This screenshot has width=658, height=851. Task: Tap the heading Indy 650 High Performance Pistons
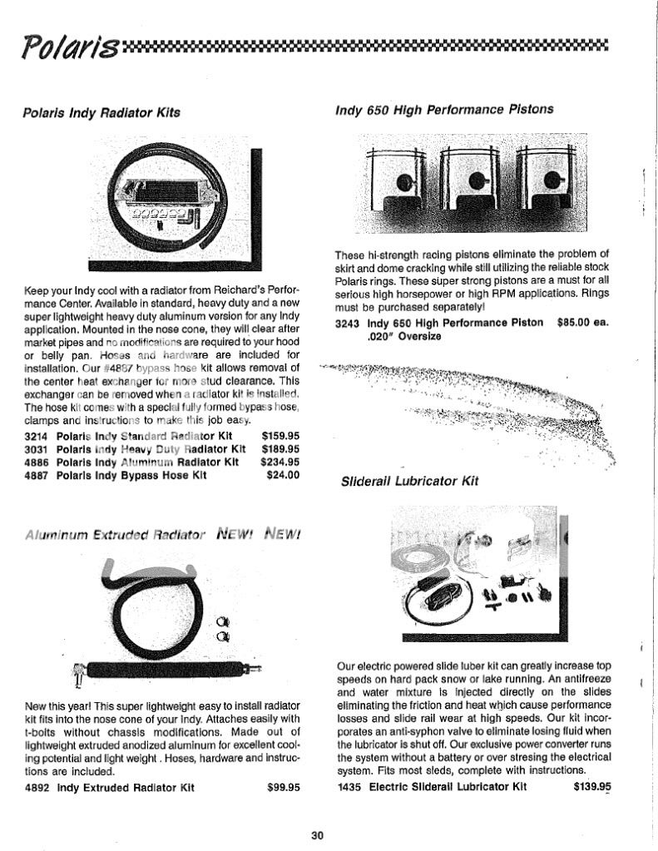click(445, 108)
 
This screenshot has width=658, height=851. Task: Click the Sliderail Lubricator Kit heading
click(409, 481)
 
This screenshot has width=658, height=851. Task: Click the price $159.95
click(280, 435)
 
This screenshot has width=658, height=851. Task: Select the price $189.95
click(280, 448)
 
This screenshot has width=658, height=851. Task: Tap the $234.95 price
click(280, 462)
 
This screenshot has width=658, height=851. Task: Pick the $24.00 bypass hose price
click(283, 475)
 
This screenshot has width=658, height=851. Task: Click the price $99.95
click(284, 787)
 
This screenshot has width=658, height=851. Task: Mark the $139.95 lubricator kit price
click(592, 786)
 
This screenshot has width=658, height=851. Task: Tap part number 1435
click(350, 786)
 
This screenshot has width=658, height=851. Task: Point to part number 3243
click(348, 322)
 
